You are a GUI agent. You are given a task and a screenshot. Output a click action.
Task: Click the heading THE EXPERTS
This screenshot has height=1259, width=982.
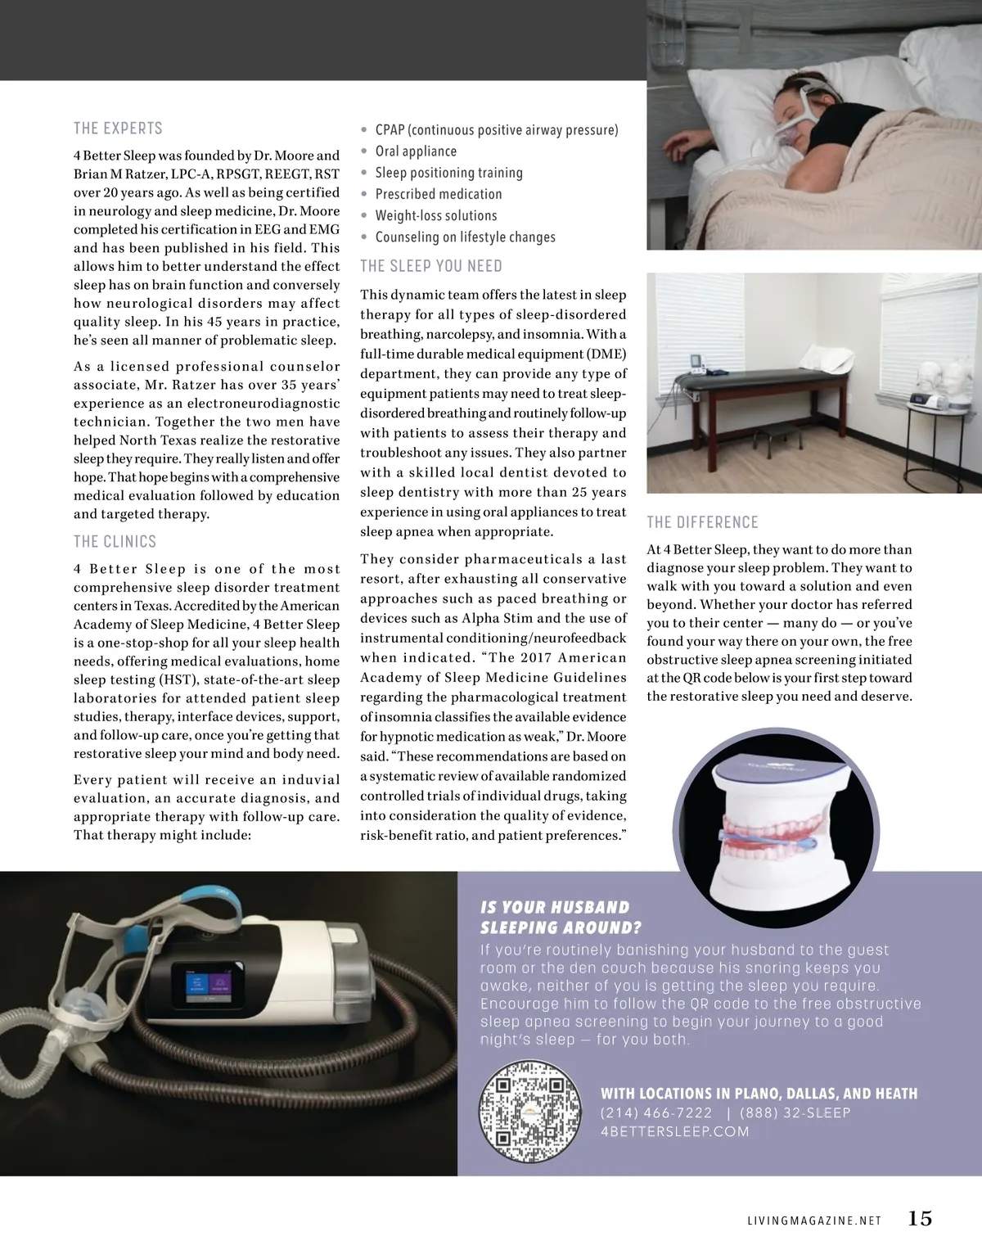[x=118, y=129]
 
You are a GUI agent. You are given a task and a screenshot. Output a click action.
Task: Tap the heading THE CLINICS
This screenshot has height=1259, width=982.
[x=115, y=541]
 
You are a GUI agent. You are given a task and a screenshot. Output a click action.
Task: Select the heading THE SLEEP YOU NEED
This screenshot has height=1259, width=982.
[x=431, y=266]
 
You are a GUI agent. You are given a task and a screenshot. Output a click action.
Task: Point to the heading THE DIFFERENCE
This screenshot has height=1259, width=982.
[x=702, y=522]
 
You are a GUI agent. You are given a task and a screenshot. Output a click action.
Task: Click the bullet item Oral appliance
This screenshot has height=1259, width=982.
[x=416, y=151]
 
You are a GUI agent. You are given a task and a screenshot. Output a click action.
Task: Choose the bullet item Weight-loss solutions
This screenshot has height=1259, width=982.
[x=436, y=215]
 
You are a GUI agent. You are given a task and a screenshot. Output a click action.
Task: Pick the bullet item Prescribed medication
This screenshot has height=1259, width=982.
[x=439, y=194]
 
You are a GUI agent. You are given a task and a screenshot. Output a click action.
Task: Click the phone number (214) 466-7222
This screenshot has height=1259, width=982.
[x=656, y=1113]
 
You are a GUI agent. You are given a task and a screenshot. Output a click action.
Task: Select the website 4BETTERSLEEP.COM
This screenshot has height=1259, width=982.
[x=675, y=1132]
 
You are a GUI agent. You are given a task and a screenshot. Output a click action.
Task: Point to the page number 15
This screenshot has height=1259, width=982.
[x=920, y=1219]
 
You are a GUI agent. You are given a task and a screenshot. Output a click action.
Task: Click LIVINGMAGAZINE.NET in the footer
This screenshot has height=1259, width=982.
[x=814, y=1221]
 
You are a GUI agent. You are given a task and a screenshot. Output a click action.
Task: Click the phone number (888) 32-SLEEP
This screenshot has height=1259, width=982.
[x=795, y=1113]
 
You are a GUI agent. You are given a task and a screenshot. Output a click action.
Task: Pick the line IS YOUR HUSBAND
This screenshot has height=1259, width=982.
[x=555, y=907]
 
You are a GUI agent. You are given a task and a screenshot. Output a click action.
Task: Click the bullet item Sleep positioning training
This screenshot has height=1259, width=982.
[x=448, y=173]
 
